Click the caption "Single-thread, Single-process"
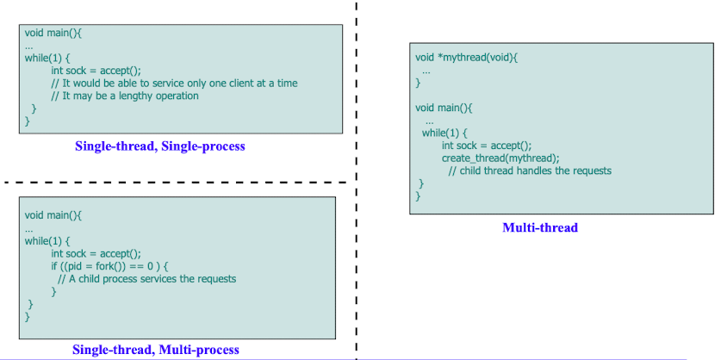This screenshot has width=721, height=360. (x=160, y=146)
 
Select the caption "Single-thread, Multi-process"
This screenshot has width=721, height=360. (x=156, y=350)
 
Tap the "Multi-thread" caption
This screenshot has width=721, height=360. (x=540, y=227)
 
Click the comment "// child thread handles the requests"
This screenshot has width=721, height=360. (x=530, y=171)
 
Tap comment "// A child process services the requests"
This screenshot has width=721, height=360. (x=146, y=279)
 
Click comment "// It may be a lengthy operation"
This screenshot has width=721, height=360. (x=125, y=96)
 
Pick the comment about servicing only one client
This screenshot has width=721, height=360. (x=174, y=84)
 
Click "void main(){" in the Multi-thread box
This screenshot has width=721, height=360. (x=444, y=109)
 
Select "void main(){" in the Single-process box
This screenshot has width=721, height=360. (x=53, y=33)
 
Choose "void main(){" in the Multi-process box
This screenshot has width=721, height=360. (x=53, y=215)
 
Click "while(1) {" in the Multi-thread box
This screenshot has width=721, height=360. (x=444, y=133)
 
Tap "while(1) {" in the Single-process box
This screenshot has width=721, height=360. (x=47, y=59)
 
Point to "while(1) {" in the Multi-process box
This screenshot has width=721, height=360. (x=47, y=240)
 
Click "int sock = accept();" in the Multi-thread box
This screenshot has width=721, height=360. (x=487, y=146)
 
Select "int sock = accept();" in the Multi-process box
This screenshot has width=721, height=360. (x=96, y=253)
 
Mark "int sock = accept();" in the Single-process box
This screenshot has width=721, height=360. (x=96, y=71)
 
